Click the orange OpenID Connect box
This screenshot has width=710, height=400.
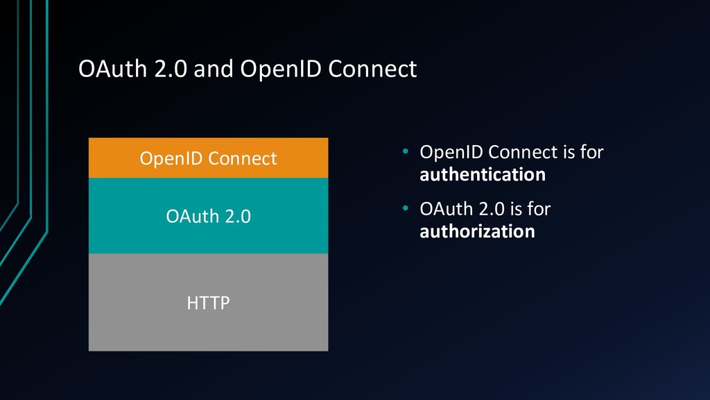coord(208,158)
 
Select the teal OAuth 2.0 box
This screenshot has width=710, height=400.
coord(208,215)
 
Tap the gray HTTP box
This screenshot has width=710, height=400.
coord(208,302)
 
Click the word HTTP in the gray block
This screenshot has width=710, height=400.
coord(208,303)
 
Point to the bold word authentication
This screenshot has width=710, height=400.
coord(483,174)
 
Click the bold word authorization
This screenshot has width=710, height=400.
coord(477,231)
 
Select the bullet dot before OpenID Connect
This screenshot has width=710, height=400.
coord(405,151)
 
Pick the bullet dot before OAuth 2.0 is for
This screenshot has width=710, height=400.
coord(405,208)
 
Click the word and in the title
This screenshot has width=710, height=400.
coord(214,69)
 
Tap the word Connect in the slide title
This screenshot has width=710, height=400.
coord(372,69)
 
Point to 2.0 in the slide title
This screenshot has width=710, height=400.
coord(171,69)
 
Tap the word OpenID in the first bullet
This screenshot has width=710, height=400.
coord(451,152)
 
